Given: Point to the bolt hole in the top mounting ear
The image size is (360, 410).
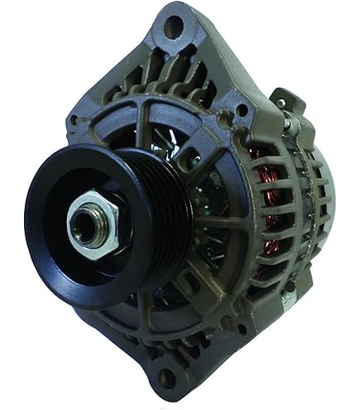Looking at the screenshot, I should click(x=173, y=27).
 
